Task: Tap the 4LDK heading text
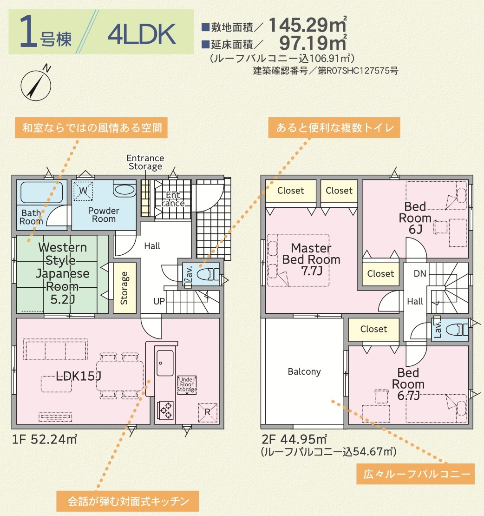click(142, 34)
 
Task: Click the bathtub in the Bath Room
click(41, 192)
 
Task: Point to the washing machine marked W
click(83, 191)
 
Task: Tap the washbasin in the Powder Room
click(124, 189)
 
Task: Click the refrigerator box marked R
click(208, 412)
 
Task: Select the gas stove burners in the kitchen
click(165, 410)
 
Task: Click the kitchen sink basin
click(165, 363)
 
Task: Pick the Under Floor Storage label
click(187, 385)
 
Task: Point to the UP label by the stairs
click(159, 301)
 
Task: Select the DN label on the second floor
click(420, 273)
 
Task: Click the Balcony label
click(304, 371)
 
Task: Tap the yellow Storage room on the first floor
click(124, 288)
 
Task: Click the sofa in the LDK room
click(55, 350)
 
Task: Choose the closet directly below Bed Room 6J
click(380, 273)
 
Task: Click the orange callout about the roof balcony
click(416, 474)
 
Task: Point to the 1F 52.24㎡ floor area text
click(45, 439)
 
